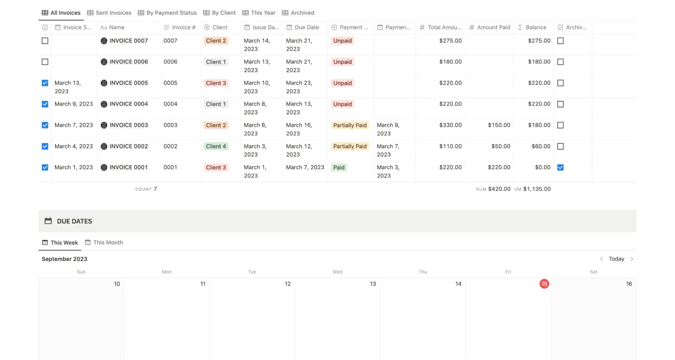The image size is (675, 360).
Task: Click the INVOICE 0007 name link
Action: click(129, 41)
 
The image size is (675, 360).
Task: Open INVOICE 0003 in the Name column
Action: click(129, 125)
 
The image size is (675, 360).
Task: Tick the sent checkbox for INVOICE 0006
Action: click(45, 62)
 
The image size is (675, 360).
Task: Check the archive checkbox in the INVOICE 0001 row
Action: click(560, 168)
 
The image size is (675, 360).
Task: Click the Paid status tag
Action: click(339, 168)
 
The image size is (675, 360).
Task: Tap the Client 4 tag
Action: click(216, 147)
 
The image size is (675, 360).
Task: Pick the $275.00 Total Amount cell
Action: click(450, 41)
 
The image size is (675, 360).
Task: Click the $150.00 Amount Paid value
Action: click(499, 125)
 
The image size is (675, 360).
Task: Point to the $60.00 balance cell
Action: click(541, 147)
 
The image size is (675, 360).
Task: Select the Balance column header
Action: click(536, 27)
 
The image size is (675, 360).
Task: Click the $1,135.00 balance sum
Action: click(537, 189)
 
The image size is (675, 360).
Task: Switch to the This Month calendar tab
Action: click(108, 242)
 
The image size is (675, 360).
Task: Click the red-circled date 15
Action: click(544, 284)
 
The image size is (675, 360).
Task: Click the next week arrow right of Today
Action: click(632, 259)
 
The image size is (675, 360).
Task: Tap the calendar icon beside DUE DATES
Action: click(48, 221)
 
